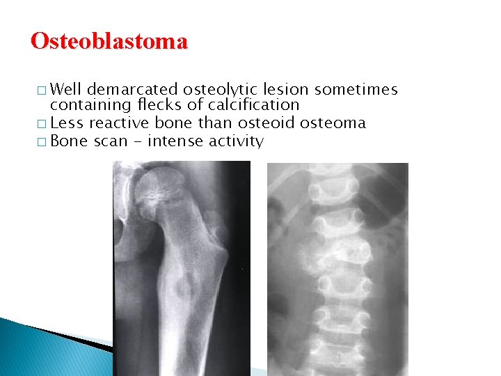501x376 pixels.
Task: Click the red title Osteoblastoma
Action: point(109,42)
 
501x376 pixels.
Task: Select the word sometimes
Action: point(356,90)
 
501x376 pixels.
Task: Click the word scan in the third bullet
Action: point(109,141)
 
